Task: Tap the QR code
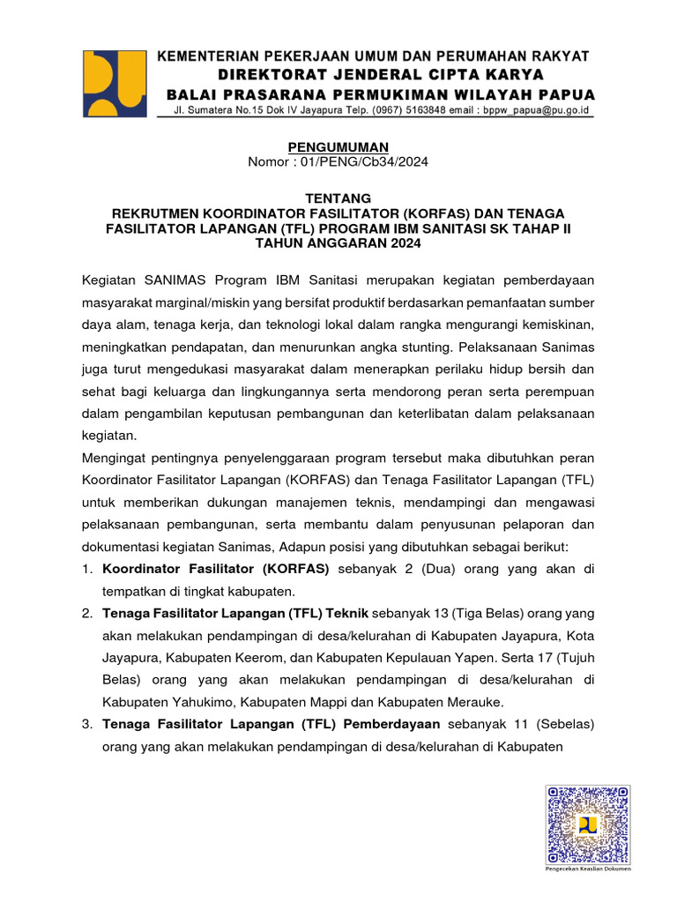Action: (588, 825)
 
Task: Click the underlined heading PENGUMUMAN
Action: (338, 146)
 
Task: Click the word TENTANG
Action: (338, 198)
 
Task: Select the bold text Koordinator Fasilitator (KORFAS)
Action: (216, 569)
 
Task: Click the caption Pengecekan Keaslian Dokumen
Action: (588, 869)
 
